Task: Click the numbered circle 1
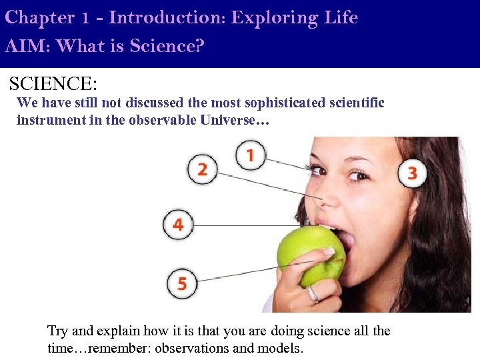250,156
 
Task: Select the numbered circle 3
413,173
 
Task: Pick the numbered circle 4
178,224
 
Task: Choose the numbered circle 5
182,283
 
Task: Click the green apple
308,256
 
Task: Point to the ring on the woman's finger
312,294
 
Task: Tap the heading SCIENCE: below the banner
53,84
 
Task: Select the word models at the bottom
283,347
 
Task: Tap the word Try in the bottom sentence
57,331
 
